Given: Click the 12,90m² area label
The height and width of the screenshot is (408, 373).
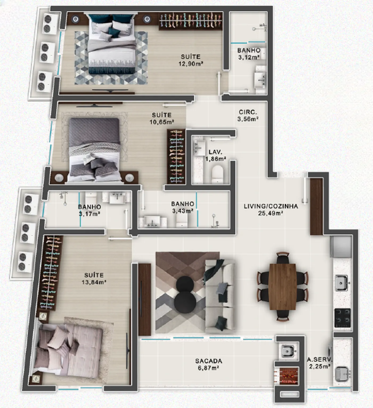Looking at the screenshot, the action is [x=191, y=64].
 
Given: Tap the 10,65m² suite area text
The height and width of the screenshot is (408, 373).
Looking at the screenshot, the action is [x=162, y=122].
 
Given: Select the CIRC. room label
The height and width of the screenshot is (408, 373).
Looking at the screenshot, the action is [x=248, y=112].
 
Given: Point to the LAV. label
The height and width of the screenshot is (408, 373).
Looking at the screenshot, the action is [x=216, y=152].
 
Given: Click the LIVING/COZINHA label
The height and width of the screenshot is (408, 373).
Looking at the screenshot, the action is [x=271, y=206].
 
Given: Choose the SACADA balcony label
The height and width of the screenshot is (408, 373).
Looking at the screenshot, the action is [x=209, y=361].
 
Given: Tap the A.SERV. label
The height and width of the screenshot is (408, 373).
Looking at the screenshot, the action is [x=319, y=359].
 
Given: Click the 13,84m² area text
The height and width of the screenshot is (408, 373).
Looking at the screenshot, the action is [x=94, y=282].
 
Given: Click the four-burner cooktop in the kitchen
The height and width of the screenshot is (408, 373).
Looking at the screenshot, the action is [x=343, y=318].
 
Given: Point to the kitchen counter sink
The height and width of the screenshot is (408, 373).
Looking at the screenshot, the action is [x=343, y=283].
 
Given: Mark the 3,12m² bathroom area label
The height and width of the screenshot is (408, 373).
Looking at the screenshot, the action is [x=249, y=57].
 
